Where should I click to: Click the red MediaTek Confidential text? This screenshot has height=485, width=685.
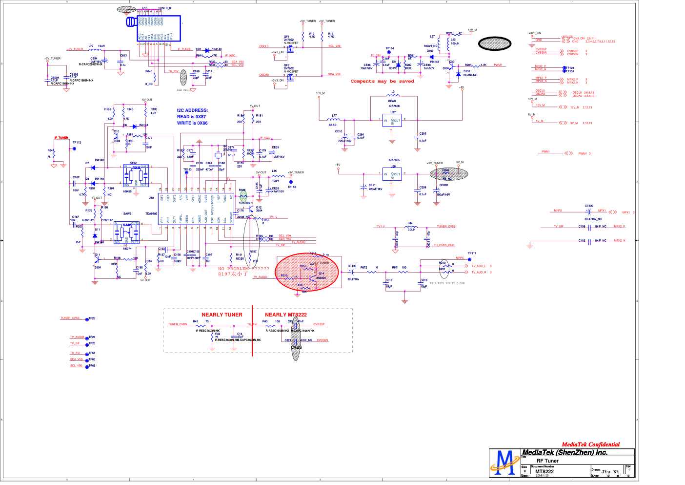[x=590, y=444]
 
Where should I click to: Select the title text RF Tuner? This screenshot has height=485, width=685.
[x=547, y=461]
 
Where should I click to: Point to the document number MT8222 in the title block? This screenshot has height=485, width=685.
[x=544, y=471]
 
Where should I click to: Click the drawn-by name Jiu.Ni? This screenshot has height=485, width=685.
[x=610, y=472]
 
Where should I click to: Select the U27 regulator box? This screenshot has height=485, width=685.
[x=392, y=120]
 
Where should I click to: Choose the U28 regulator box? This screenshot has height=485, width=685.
[x=392, y=174]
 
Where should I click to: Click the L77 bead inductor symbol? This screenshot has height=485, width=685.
[x=334, y=120]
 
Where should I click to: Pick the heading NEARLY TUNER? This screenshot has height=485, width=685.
[x=222, y=315]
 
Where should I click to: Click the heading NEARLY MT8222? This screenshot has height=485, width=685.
[x=285, y=315]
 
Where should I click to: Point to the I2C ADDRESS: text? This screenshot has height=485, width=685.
[x=192, y=110]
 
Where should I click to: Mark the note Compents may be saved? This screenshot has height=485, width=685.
[x=382, y=81]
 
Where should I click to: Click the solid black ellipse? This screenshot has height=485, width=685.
[x=495, y=44]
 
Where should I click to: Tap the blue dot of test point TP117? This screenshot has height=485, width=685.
[x=469, y=259]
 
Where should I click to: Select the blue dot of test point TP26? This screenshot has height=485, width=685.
[x=87, y=319]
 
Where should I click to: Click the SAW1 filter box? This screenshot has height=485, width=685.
[x=136, y=175]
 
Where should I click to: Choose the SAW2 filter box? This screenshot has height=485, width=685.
[x=127, y=232]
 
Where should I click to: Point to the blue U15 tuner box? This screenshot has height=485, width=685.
[x=159, y=28]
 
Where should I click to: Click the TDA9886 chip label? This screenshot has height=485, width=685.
[x=151, y=213]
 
